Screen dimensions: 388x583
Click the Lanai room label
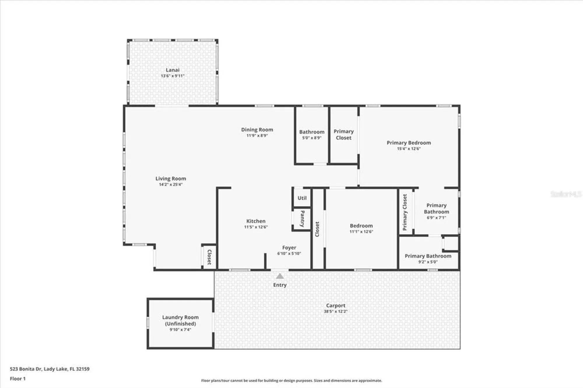(173, 70)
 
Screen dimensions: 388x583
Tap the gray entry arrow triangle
(280, 276)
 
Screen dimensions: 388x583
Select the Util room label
(302, 198)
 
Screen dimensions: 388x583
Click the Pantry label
(302, 219)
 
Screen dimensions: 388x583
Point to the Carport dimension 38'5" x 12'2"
(336, 311)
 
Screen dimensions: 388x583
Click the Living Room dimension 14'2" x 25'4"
(171, 184)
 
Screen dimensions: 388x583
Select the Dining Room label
(257, 130)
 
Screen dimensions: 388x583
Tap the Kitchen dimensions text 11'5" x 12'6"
(256, 227)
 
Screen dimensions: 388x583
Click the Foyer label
(289, 248)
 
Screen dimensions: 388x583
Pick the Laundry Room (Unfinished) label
(180, 320)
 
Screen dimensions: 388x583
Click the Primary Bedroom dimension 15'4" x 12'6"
(409, 149)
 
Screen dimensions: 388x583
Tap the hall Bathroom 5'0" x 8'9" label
(312, 132)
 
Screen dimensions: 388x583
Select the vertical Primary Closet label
(405, 212)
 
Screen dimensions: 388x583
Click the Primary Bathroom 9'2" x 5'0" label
(428, 256)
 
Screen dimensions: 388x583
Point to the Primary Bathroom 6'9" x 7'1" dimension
(436, 218)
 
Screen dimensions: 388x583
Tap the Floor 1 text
(18, 379)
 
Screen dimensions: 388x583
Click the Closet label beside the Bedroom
(317, 229)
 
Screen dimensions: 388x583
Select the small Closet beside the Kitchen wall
(209, 257)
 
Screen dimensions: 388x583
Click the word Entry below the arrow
(280, 285)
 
